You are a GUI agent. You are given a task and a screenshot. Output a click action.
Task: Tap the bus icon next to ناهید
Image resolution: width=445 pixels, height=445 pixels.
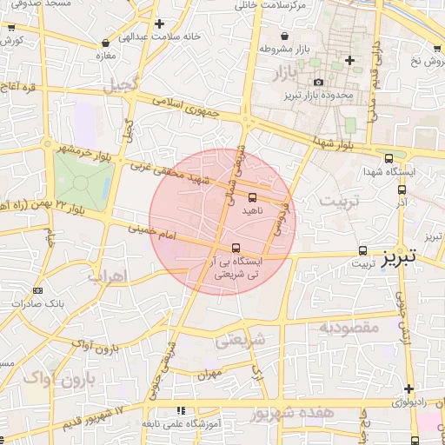click(x=252, y=197)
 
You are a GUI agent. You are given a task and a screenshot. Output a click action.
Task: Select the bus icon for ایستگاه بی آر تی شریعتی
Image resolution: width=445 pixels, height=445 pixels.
click(x=236, y=248)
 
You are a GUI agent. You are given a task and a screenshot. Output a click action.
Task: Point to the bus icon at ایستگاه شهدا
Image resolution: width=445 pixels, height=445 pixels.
click(x=389, y=158)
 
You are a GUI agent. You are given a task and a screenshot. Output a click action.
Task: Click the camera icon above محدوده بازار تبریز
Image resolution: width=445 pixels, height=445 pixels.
click(x=319, y=82)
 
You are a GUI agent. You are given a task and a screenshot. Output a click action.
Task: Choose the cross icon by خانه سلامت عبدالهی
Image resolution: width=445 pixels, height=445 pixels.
click(x=157, y=24)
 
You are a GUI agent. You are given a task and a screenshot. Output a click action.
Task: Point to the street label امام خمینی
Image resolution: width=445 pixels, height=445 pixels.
click(x=152, y=232)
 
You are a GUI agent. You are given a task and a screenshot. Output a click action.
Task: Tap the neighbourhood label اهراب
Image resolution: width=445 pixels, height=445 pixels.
click(x=108, y=276)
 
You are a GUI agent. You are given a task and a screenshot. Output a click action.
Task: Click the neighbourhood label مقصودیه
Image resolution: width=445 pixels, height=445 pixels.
click(x=348, y=328)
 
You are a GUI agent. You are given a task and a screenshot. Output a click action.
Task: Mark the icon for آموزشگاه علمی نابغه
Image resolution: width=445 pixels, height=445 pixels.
click(x=181, y=410)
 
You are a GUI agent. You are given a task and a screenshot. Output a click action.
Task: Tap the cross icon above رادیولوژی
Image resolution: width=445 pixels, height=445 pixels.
click(x=408, y=388)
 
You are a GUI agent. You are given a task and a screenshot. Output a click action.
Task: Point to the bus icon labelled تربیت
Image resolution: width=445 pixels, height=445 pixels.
click(x=362, y=250)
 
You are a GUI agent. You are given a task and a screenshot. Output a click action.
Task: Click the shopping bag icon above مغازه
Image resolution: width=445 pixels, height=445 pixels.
click(x=105, y=42)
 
